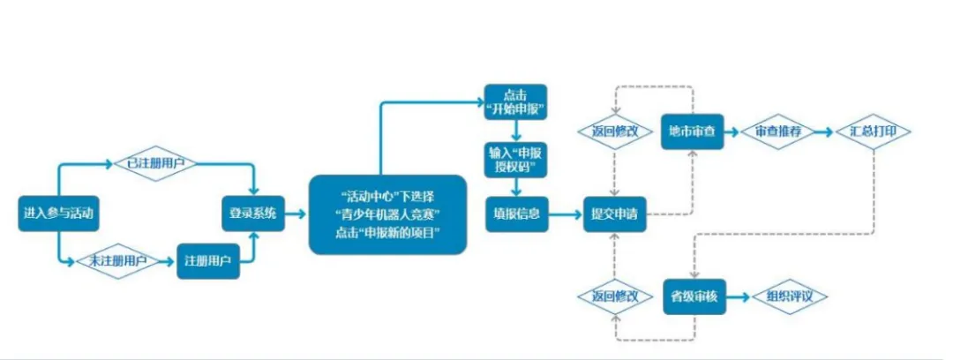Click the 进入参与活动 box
tap(56, 213)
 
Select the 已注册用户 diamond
tap(155, 163)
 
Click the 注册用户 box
tap(208, 261)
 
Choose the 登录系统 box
tap(252, 213)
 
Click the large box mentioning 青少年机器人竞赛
tap(387, 215)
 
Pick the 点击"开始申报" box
tap(515, 102)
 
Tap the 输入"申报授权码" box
tap(515, 159)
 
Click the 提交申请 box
tap(614, 214)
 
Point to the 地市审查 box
tap(693, 131)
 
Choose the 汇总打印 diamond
tap(874, 131)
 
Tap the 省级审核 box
tap(693, 296)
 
